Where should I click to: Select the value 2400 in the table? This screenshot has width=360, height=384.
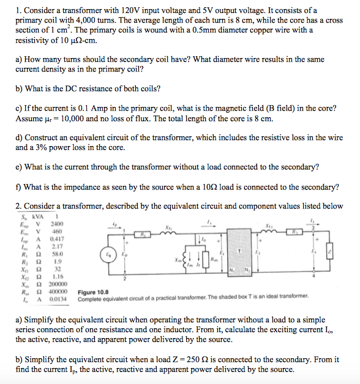coord(56,224)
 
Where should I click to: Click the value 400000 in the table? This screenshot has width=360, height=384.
coord(58,292)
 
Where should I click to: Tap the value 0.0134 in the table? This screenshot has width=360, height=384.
coord(58,299)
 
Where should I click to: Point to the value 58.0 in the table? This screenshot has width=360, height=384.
coord(57,254)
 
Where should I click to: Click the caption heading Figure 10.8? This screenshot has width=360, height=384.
coord(93,292)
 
